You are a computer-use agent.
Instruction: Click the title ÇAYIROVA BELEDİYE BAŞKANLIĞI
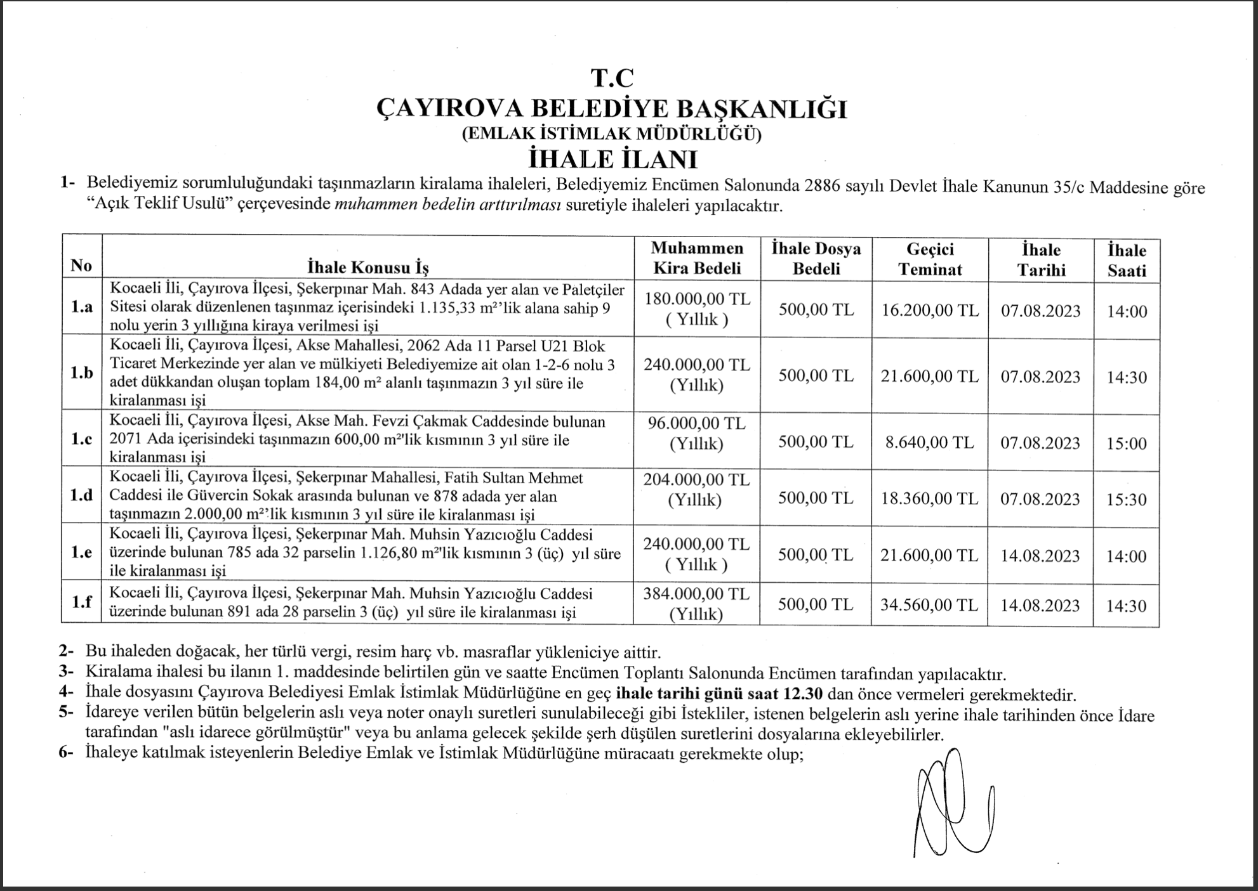point(612,108)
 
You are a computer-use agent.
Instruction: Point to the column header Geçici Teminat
point(930,259)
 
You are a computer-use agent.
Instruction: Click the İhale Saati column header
point(1127,260)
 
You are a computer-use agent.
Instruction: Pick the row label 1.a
point(82,308)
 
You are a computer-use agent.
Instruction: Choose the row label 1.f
point(82,602)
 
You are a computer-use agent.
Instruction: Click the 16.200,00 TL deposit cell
point(930,310)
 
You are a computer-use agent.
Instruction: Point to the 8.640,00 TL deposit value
point(930,442)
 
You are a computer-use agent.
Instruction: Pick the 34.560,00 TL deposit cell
point(930,604)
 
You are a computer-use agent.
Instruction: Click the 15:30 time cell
point(1127,500)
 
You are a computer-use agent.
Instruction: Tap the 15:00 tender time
point(1127,443)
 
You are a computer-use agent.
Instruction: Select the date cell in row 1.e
point(1040,556)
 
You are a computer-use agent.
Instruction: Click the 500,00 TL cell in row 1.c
point(816,442)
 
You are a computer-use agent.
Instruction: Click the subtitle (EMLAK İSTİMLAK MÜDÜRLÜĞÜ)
point(612,134)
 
